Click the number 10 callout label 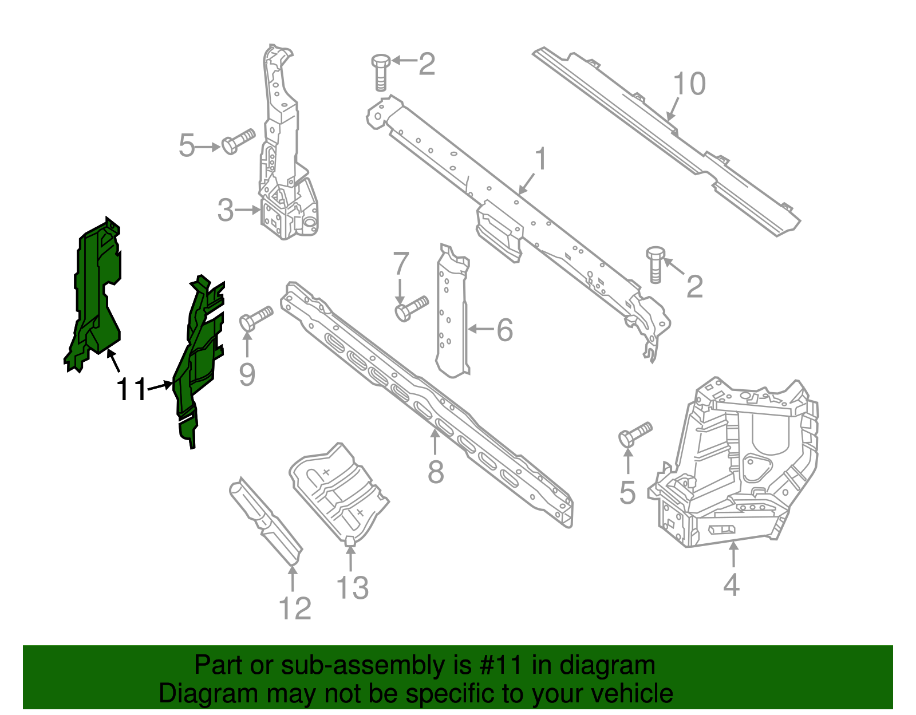[689, 84]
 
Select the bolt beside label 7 [410, 308]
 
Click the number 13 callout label [352, 588]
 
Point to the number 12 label [295, 609]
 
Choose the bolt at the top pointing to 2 [381, 72]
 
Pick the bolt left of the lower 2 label [656, 264]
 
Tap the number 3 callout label [226, 211]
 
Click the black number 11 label [132, 390]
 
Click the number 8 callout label [436, 472]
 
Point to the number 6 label [504, 330]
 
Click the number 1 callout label [540, 160]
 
